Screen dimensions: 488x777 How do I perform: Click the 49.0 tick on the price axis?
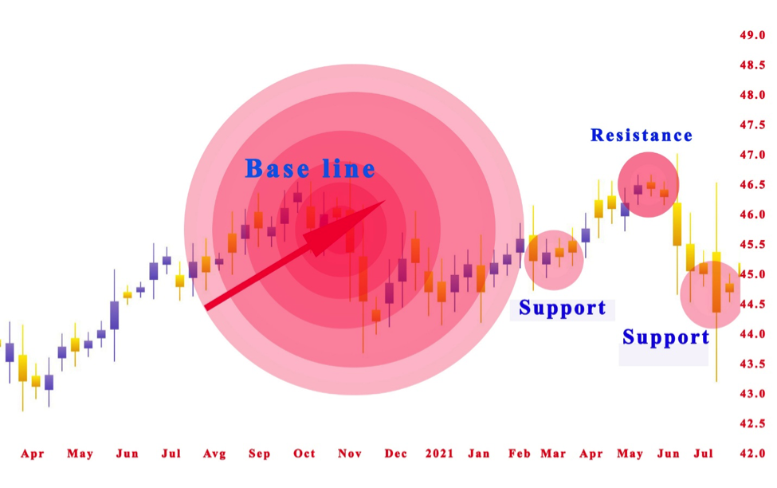pos(753,35)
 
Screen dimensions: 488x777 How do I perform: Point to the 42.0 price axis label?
pos(753,454)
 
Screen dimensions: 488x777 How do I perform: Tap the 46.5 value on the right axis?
pos(753,185)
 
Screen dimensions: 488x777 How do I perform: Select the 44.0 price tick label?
pos(753,334)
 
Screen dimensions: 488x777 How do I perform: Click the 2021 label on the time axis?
pos(439,454)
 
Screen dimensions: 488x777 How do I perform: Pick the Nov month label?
pos(350,454)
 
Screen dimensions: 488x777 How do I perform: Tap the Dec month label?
pos(396,454)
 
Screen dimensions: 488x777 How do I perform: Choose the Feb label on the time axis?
pos(520,454)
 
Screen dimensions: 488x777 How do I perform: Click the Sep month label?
pos(259,454)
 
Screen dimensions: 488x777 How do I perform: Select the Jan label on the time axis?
pos(479,454)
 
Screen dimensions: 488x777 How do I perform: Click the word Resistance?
pos(642,136)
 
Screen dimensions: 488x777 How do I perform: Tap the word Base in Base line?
pos(274,169)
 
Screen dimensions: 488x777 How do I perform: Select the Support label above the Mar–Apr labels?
pos(563,308)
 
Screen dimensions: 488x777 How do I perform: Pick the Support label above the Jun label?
pos(665,337)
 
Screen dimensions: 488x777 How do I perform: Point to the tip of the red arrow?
pos(385,202)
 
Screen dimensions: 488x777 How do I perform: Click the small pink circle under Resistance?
pos(648,185)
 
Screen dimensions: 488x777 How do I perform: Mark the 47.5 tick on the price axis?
pos(753,125)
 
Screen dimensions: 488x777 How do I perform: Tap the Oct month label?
pos(304,454)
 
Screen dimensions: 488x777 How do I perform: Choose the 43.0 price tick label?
pos(753,394)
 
